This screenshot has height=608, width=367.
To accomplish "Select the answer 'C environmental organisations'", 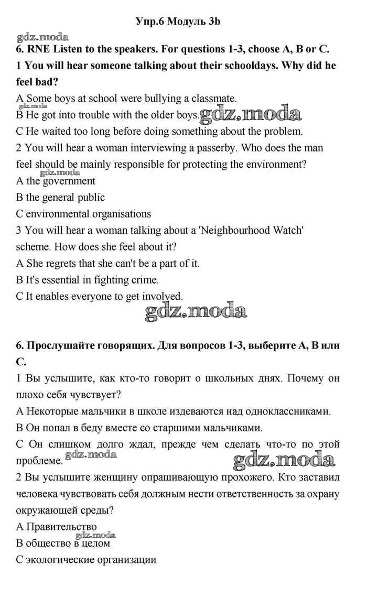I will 84,214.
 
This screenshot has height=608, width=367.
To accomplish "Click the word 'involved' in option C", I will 163,296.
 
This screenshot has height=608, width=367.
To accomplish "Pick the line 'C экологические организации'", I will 87,559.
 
